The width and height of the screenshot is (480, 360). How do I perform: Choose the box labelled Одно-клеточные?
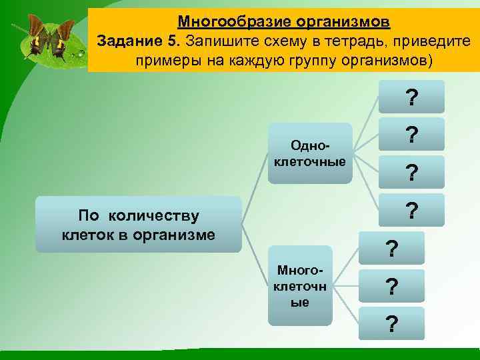309,153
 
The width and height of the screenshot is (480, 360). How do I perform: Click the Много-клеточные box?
300,285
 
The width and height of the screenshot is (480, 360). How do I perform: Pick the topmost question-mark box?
412,97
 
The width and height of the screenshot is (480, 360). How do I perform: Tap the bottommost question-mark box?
392,323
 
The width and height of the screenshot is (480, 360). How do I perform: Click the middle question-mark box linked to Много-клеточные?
392,286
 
